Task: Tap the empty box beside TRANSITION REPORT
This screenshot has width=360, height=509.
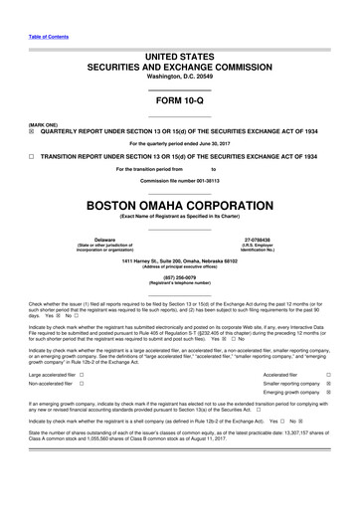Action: click(x=31, y=157)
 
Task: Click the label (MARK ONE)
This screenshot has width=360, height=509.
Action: click(x=44, y=124)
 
